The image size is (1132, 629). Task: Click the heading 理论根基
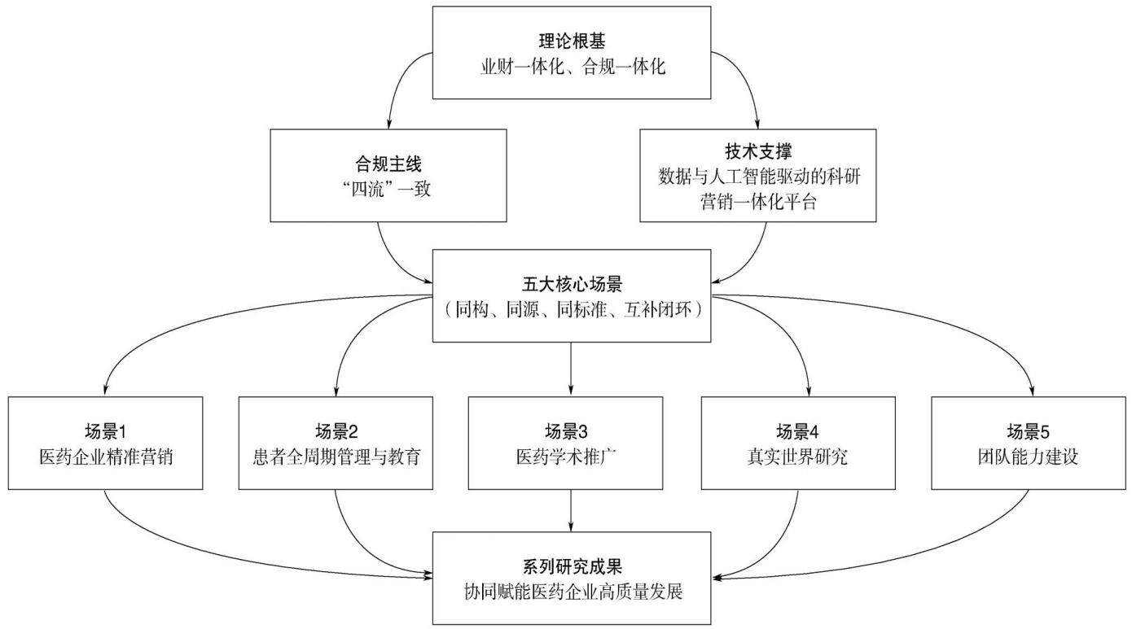[572, 41]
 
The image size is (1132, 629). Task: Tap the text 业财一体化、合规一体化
[573, 66]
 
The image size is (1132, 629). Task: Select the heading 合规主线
[388, 164]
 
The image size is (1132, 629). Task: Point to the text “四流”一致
[387, 189]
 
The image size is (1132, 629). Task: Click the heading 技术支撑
[758, 151]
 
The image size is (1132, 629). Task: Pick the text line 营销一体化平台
[758, 202]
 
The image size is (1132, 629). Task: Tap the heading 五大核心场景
[572, 284]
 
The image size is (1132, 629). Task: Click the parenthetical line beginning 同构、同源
[572, 309]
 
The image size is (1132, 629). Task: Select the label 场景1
[105, 431]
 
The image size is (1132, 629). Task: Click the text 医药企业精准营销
[106, 456]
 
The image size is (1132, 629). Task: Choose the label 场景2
[336, 431]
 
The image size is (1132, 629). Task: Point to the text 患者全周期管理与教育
[336, 456]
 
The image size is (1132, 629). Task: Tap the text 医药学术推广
[566, 456]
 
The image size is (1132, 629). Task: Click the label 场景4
[797, 431]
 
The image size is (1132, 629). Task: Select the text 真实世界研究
[797, 456]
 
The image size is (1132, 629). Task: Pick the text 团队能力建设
[1028, 456]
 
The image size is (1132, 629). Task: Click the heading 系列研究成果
[572, 567]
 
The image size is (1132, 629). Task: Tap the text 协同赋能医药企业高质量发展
[573, 592]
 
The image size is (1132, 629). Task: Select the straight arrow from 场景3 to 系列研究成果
[571, 510]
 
